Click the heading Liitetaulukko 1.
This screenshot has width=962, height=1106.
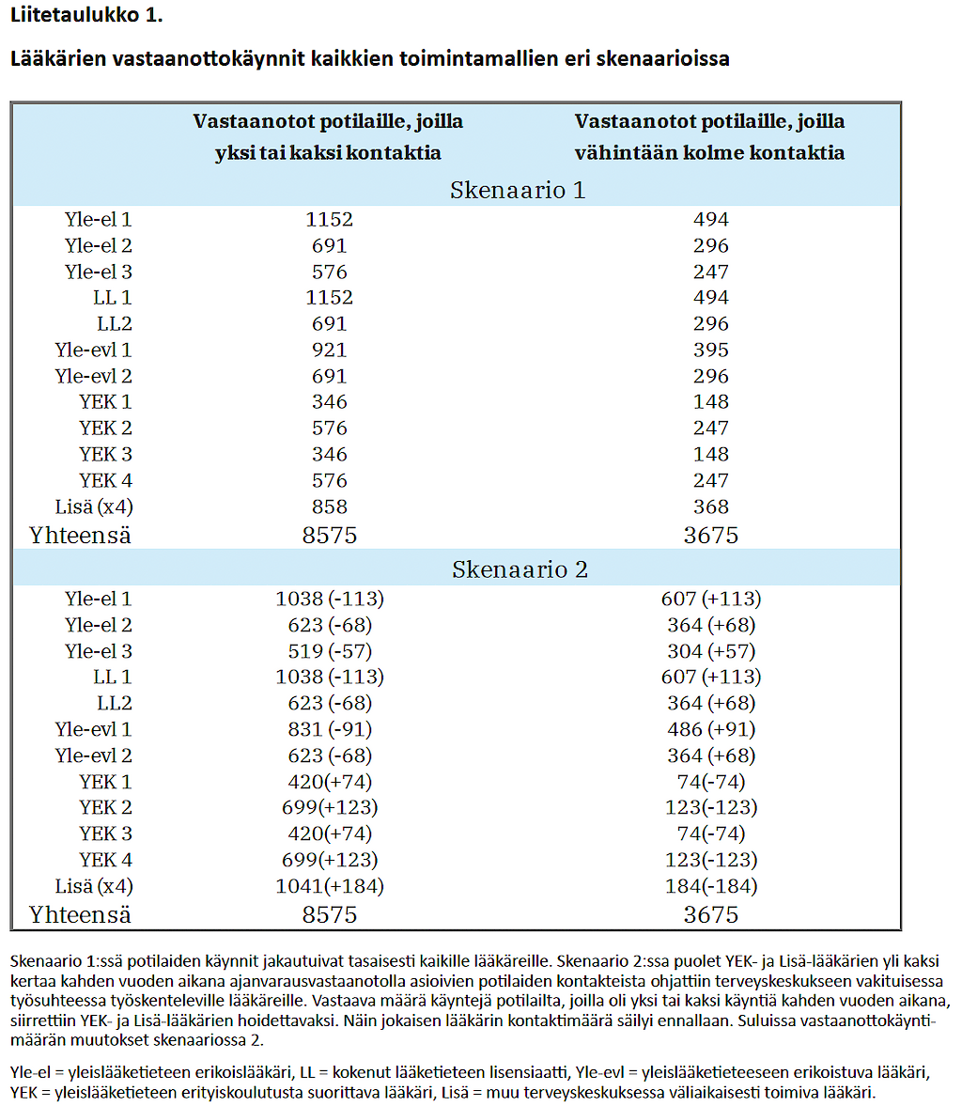point(86,15)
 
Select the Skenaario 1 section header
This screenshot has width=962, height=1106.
point(518,191)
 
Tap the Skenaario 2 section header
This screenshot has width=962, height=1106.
point(520,569)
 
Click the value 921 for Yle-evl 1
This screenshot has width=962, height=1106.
point(330,350)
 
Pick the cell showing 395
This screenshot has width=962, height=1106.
point(711,350)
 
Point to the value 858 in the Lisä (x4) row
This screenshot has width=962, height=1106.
point(330,506)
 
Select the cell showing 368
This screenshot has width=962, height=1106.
point(711,506)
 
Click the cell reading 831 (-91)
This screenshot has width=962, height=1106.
point(330,729)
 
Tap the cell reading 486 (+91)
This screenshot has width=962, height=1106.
point(711,729)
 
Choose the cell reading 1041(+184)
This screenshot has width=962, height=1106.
point(330,886)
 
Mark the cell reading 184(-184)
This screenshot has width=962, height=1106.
point(711,886)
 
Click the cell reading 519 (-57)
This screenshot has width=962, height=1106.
point(330,651)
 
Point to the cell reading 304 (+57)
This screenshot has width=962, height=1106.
point(711,651)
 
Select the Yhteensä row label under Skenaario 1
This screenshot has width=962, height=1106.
point(80,536)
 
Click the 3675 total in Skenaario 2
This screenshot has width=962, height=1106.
point(711,915)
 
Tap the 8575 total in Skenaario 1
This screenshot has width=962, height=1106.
point(330,536)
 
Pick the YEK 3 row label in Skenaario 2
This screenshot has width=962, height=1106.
point(106,833)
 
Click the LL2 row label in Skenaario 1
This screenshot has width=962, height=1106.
point(115,324)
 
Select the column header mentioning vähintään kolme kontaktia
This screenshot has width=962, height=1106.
point(709,137)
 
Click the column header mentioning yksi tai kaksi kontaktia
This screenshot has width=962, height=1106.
point(328,137)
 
